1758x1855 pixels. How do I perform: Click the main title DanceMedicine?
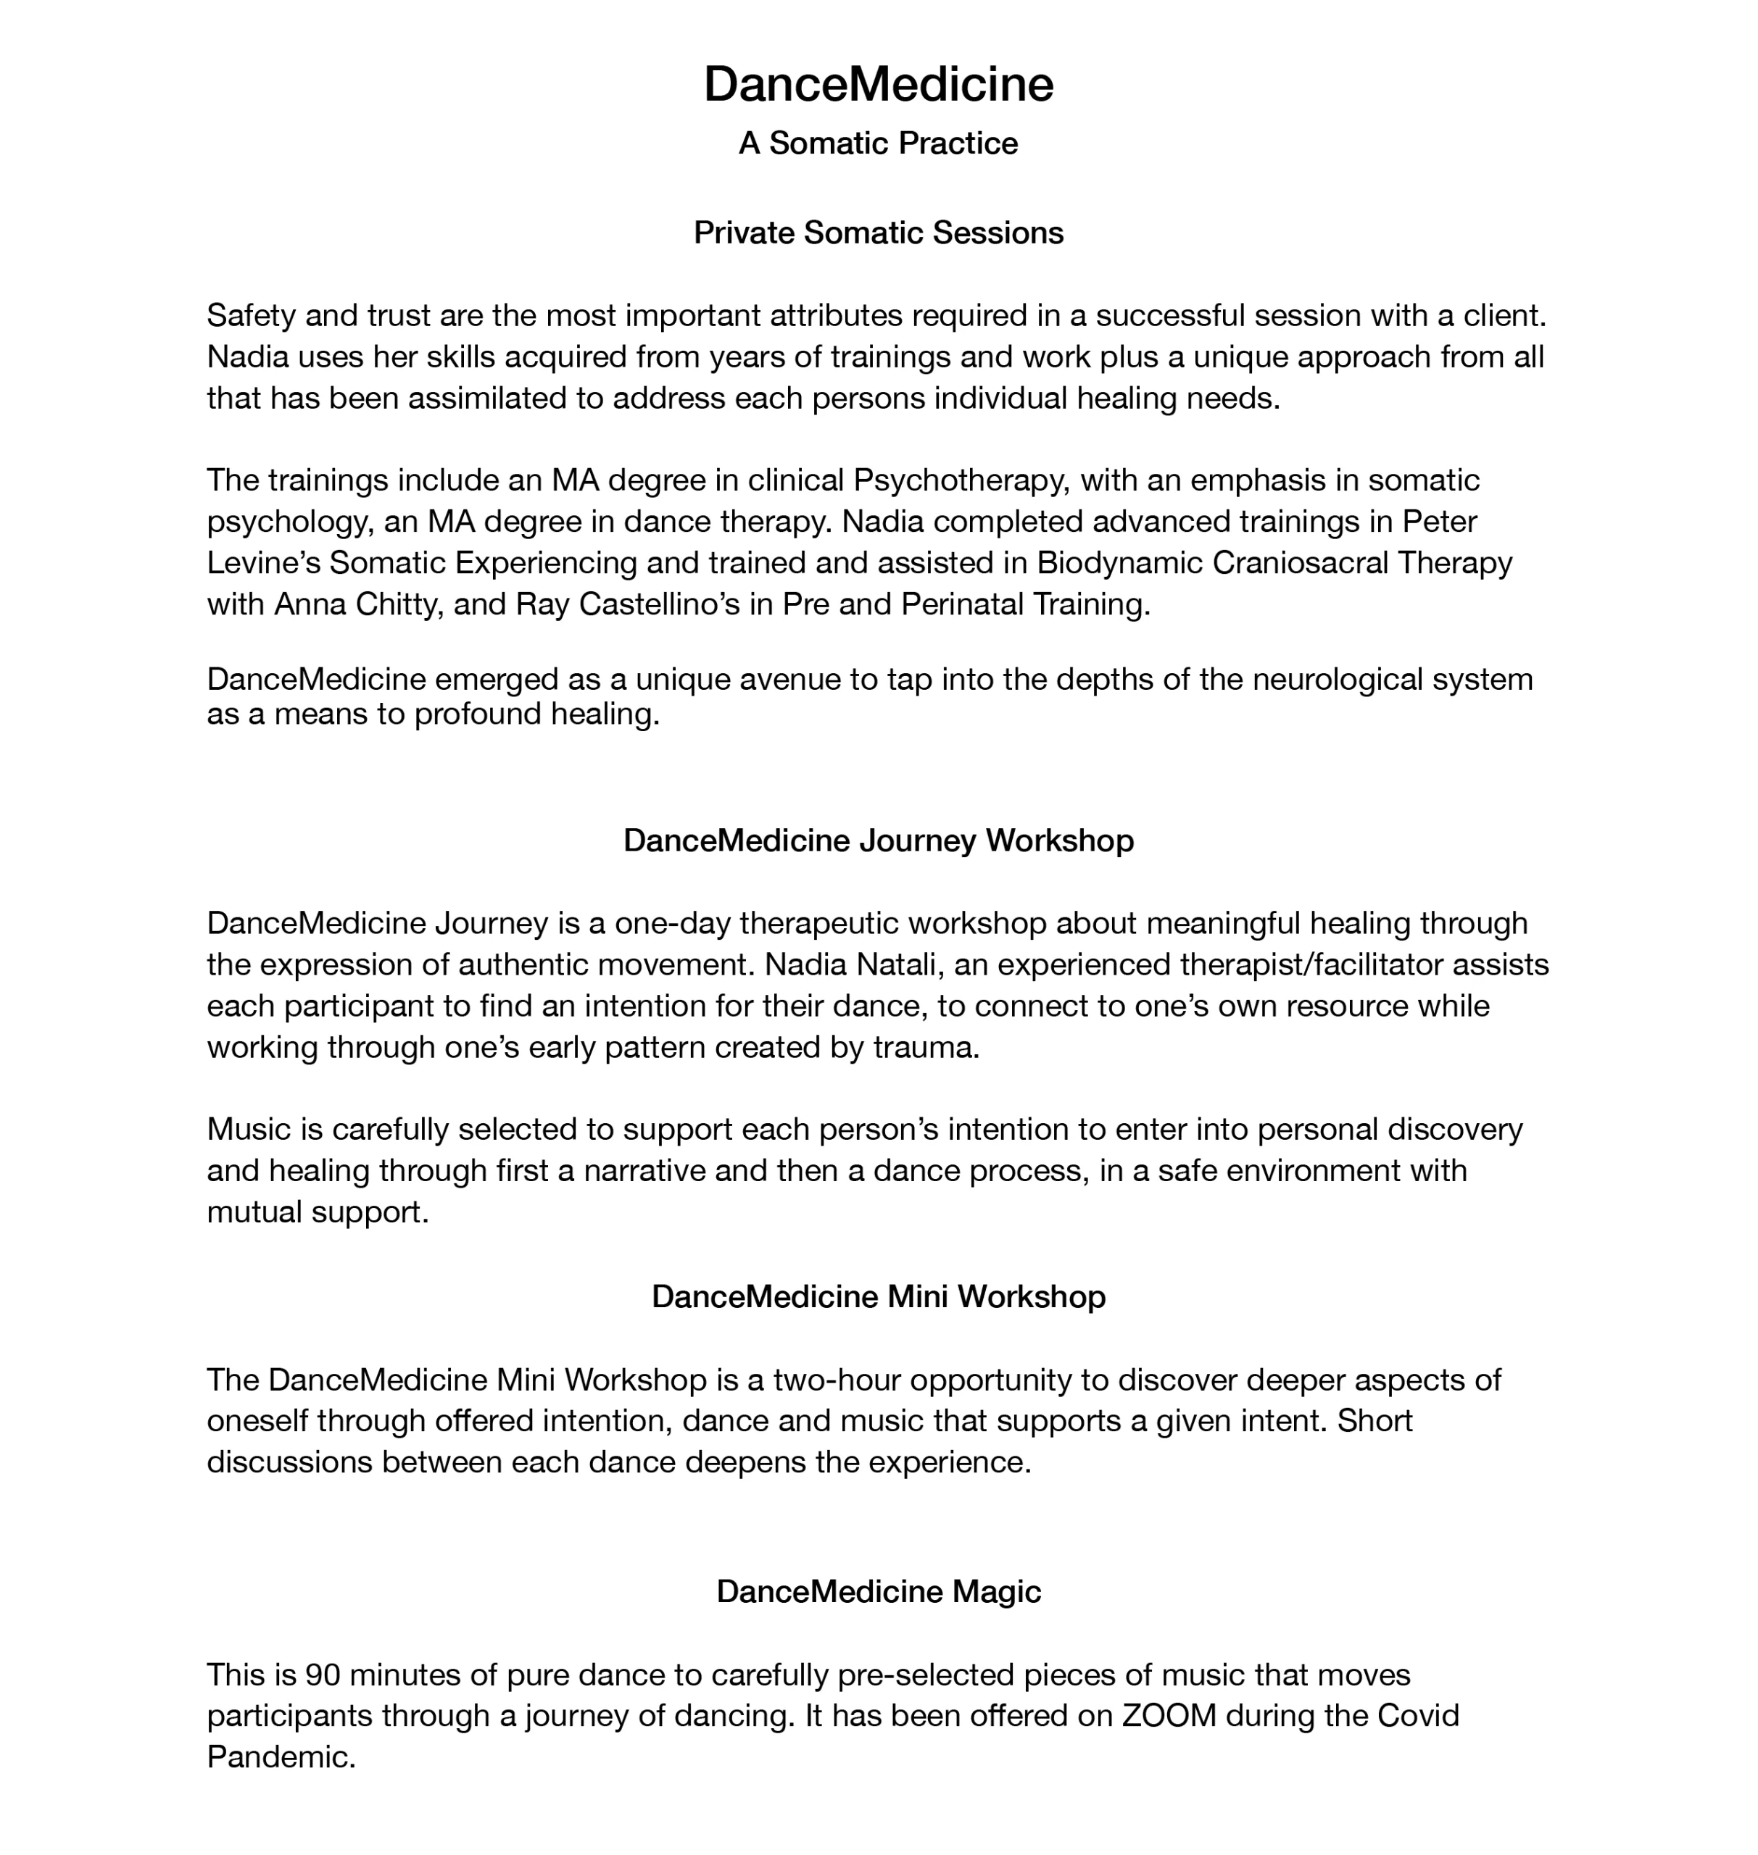[x=878, y=84]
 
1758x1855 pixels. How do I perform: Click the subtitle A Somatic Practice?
[x=878, y=143]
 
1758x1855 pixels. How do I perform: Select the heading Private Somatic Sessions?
[x=878, y=233]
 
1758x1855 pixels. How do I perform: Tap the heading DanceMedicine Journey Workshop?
[x=878, y=841]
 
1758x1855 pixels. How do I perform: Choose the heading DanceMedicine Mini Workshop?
[x=878, y=1296]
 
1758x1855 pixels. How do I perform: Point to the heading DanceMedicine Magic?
[x=878, y=1592]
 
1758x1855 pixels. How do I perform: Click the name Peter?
[x=1440, y=522]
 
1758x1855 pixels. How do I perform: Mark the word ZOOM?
[x=1169, y=1717]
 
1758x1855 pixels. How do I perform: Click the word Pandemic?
[x=281, y=1758]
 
